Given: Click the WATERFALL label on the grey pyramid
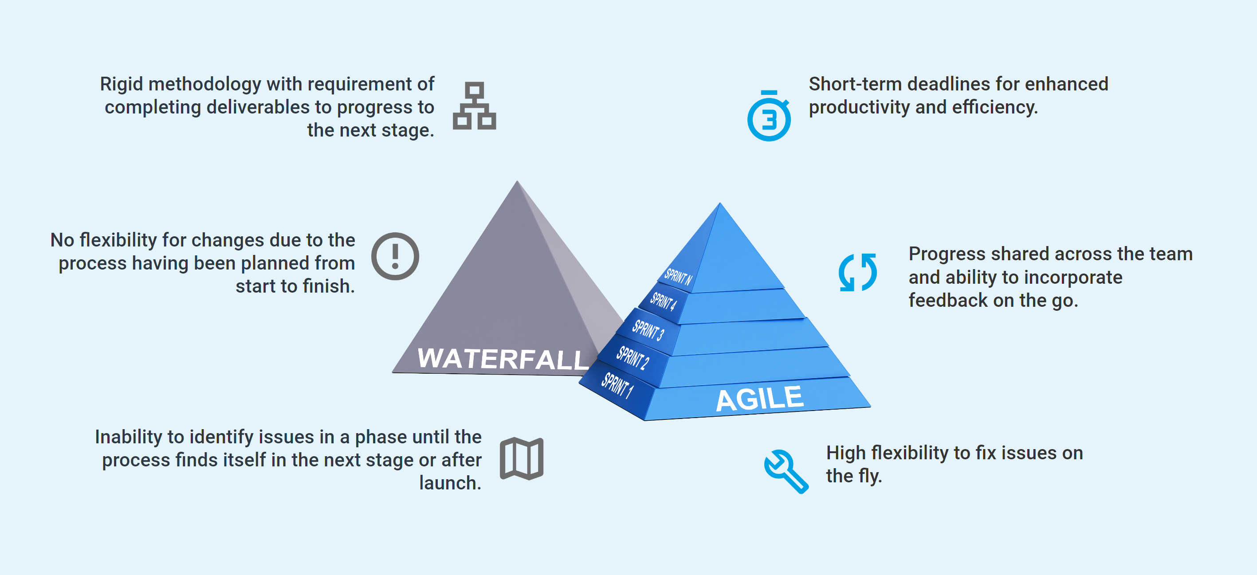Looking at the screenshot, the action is pos(503,359).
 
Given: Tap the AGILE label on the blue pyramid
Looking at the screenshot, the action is pos(759,399).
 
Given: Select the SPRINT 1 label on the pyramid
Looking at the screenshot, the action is pos(617,385).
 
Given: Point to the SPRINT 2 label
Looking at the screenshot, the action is pos(632,357).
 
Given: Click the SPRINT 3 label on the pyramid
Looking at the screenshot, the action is pos(648,330).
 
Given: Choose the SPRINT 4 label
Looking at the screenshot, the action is pos(664,301).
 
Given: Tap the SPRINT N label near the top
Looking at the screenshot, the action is pos(678,277).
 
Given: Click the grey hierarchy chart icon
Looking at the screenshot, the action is pos(474,106).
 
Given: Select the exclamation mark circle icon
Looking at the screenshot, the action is pos(395,256).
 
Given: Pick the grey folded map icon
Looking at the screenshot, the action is pos(522,458).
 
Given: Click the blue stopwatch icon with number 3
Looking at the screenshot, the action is pos(769,116).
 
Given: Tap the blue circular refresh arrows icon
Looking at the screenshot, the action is pos(857,272).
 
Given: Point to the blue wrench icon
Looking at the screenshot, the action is pos(786,471).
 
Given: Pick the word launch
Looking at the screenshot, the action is pos(450,483).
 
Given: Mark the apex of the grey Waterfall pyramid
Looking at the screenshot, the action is pos(518,181).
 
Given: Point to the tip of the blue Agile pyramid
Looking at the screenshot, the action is pos(720,203).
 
